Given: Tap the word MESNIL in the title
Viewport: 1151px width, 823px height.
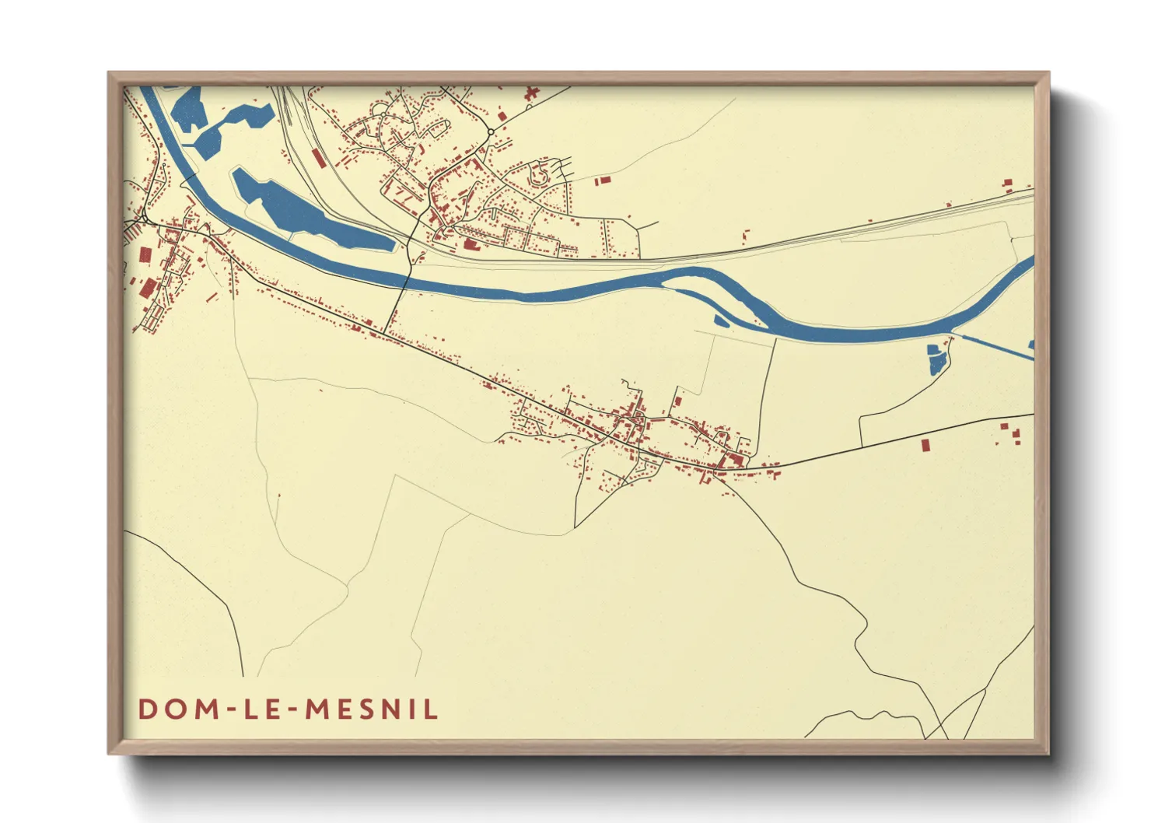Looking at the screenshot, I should click(x=372, y=709).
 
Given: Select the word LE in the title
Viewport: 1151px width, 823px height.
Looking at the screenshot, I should click(x=261, y=709).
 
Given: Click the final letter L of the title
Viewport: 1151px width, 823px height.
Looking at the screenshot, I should click(x=431, y=709).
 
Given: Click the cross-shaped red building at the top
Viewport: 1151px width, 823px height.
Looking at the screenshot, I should click(x=532, y=94).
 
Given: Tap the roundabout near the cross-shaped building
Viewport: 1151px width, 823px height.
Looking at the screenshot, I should click(x=492, y=131).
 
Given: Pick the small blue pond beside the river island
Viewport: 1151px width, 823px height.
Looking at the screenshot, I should click(x=721, y=320).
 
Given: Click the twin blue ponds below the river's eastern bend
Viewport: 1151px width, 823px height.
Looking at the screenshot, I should click(x=936, y=359).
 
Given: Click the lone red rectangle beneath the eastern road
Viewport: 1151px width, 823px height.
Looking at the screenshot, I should click(x=925, y=445).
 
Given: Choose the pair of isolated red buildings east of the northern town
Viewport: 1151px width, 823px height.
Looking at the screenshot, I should click(x=603, y=180).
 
